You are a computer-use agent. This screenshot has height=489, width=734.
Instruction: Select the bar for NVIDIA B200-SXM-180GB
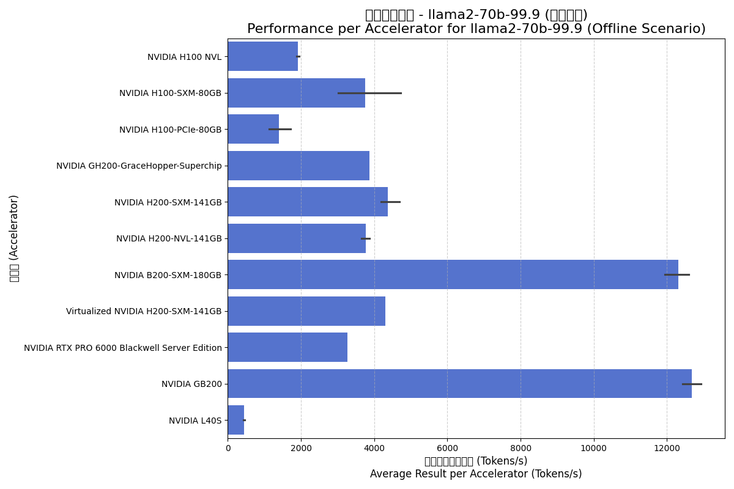[x=453, y=274]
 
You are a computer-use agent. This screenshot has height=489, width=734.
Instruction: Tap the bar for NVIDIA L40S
[x=236, y=421]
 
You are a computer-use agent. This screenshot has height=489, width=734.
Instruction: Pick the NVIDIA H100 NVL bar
[x=263, y=56]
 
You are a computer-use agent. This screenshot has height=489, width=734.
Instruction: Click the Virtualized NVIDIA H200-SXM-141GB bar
[x=306, y=311]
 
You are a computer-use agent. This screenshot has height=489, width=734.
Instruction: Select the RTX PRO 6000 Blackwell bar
[x=287, y=347]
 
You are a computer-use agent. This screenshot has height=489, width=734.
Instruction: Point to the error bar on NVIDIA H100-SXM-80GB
[x=369, y=93]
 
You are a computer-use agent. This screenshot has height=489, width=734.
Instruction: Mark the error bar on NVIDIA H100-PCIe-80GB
[x=280, y=129]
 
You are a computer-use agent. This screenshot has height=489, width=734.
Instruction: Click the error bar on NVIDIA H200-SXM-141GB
[x=390, y=202]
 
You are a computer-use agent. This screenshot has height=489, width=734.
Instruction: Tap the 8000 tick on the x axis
[x=521, y=448]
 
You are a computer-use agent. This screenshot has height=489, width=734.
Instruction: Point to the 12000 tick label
[x=667, y=448]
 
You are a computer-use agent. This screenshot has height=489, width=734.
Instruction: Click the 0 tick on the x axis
[x=228, y=448]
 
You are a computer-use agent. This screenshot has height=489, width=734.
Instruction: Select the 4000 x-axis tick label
[x=374, y=448]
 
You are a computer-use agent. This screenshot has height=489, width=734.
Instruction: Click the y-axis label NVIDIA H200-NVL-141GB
[x=169, y=238]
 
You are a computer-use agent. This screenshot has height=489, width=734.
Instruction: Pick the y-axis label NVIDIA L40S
[x=195, y=421]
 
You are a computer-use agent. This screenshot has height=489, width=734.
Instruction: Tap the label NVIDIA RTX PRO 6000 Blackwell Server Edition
[x=123, y=348]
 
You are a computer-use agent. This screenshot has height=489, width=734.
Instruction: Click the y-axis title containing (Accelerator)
[x=14, y=238]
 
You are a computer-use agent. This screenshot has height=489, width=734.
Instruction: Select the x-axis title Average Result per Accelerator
[x=476, y=474]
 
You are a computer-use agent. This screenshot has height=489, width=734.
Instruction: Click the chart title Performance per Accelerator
[x=476, y=29]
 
